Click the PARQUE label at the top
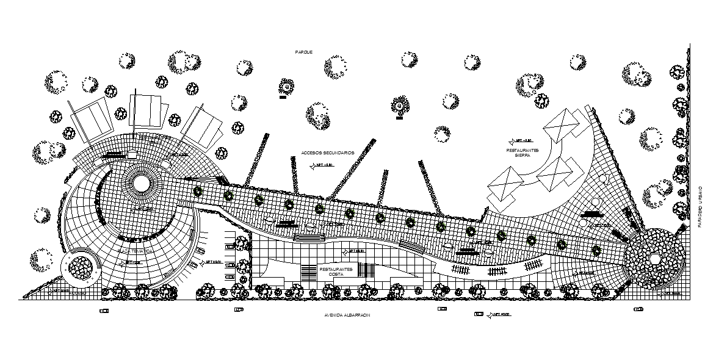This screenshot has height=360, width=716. click(x=304, y=52)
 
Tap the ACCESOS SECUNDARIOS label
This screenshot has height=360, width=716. click(x=327, y=153)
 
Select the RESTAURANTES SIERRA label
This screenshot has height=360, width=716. click(x=522, y=153)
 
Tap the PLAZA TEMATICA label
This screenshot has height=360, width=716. click(x=132, y=251)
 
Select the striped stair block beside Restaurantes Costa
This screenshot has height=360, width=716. click(x=366, y=270)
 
